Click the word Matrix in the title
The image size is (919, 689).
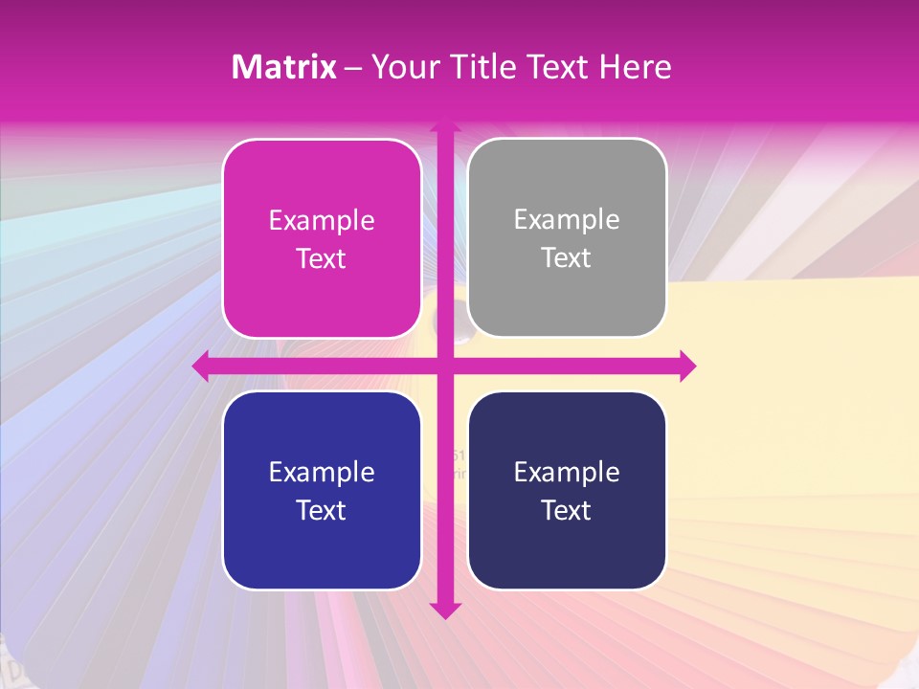coord(284,67)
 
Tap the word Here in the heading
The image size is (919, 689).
coord(636,67)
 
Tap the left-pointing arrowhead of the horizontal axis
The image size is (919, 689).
coord(201,366)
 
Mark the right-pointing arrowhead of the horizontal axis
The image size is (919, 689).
coord(686,366)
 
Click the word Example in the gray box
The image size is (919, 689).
coord(567,220)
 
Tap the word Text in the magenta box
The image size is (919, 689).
coord(322,259)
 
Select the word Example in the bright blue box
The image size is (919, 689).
coord(322,472)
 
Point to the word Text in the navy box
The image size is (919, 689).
coord(567,510)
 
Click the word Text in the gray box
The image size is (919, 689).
coord(567,258)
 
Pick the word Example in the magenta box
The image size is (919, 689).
coord(322,221)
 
